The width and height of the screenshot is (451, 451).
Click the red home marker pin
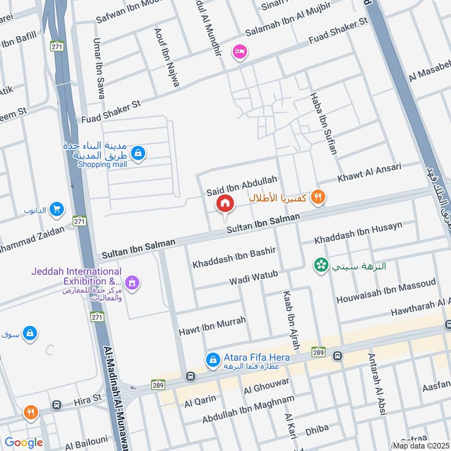(224, 204)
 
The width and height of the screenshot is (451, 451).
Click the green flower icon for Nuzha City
(321, 265)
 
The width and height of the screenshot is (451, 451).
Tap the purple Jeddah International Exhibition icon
(132, 281)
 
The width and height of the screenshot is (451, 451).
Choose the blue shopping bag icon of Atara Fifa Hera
(213, 359)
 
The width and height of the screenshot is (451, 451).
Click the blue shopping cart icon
(56, 210)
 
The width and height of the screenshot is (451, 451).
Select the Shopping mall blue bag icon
(138, 152)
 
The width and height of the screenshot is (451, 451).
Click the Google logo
(24, 443)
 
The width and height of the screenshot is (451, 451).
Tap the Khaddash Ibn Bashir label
(228, 259)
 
